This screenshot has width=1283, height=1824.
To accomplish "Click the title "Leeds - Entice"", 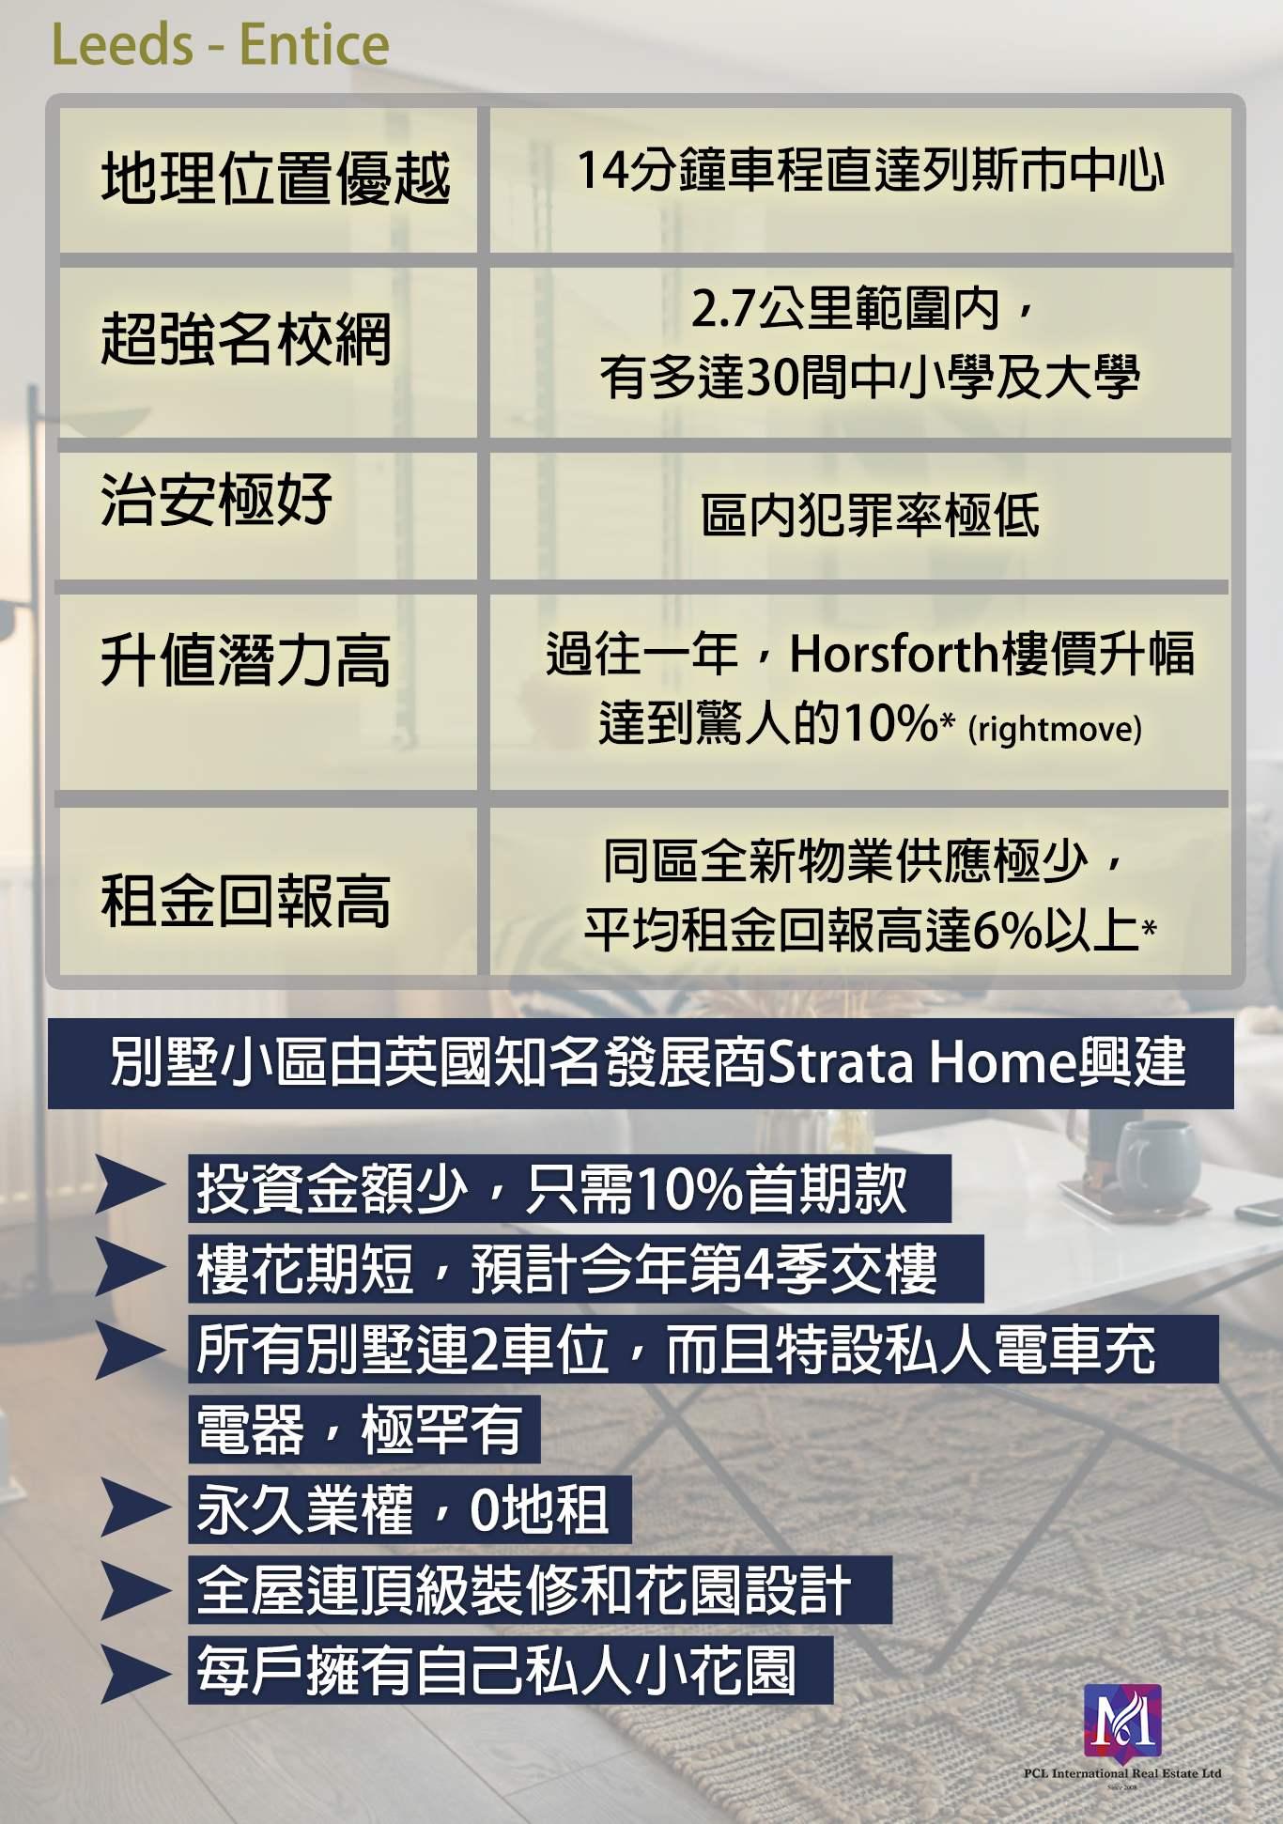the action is pos(220,44).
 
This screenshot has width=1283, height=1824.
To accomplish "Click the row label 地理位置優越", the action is pos(275,178).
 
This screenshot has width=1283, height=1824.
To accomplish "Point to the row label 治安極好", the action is pos(217,499).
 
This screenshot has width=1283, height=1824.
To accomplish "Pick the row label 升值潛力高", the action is pos(246,659).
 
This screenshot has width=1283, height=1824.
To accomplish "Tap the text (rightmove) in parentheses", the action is pos(1055,729).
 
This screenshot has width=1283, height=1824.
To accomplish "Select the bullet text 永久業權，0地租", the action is pos(402,1509).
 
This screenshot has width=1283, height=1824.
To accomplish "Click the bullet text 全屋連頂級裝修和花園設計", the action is pos(524,1590).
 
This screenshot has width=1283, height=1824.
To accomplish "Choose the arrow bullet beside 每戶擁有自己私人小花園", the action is pos(135,1673).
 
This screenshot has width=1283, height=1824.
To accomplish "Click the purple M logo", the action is pos(1122,1721).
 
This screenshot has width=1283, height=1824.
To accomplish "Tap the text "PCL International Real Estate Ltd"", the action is pos(1122,1773).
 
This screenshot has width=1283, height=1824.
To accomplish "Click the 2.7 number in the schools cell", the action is pos(724,308).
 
